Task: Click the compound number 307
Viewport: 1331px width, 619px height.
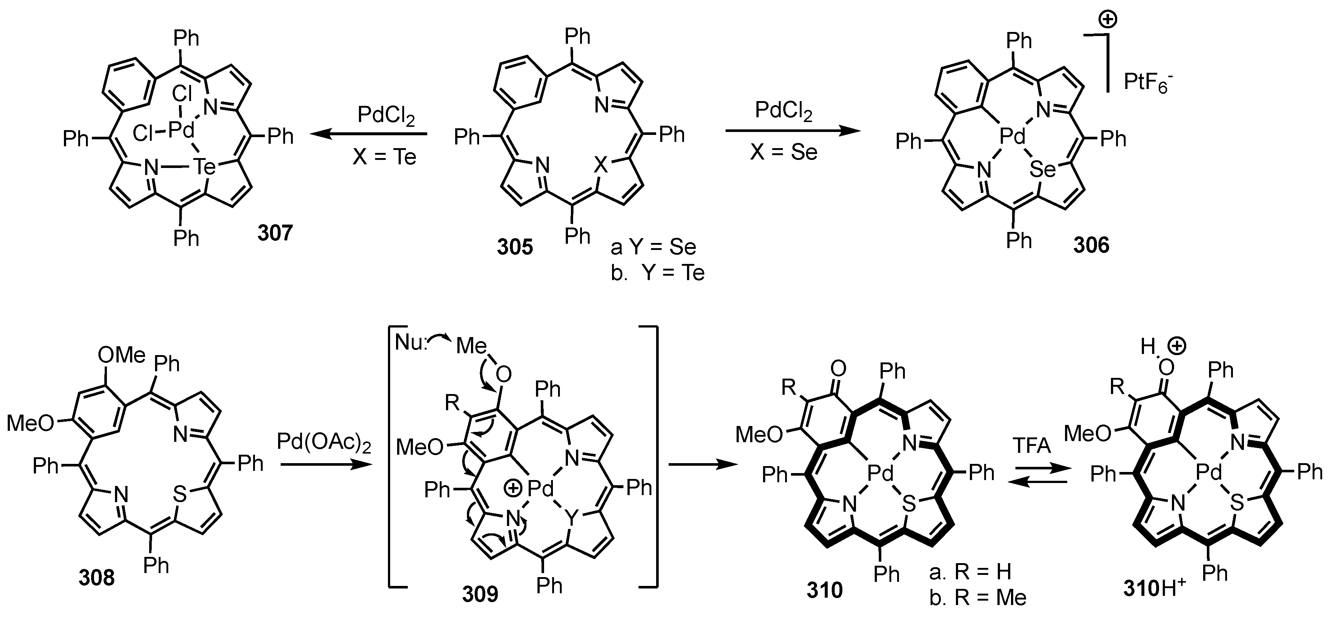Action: point(275,233)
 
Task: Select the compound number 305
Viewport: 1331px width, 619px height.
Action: point(515,247)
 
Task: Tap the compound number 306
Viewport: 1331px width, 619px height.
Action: point(1091,244)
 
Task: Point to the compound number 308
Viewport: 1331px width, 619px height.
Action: point(97,577)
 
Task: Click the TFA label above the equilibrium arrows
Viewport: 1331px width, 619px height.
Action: point(1032,445)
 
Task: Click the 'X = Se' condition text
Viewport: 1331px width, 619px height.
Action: point(783,152)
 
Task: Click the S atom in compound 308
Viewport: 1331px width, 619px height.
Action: point(179,495)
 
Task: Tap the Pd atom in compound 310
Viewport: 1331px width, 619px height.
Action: point(880,472)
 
